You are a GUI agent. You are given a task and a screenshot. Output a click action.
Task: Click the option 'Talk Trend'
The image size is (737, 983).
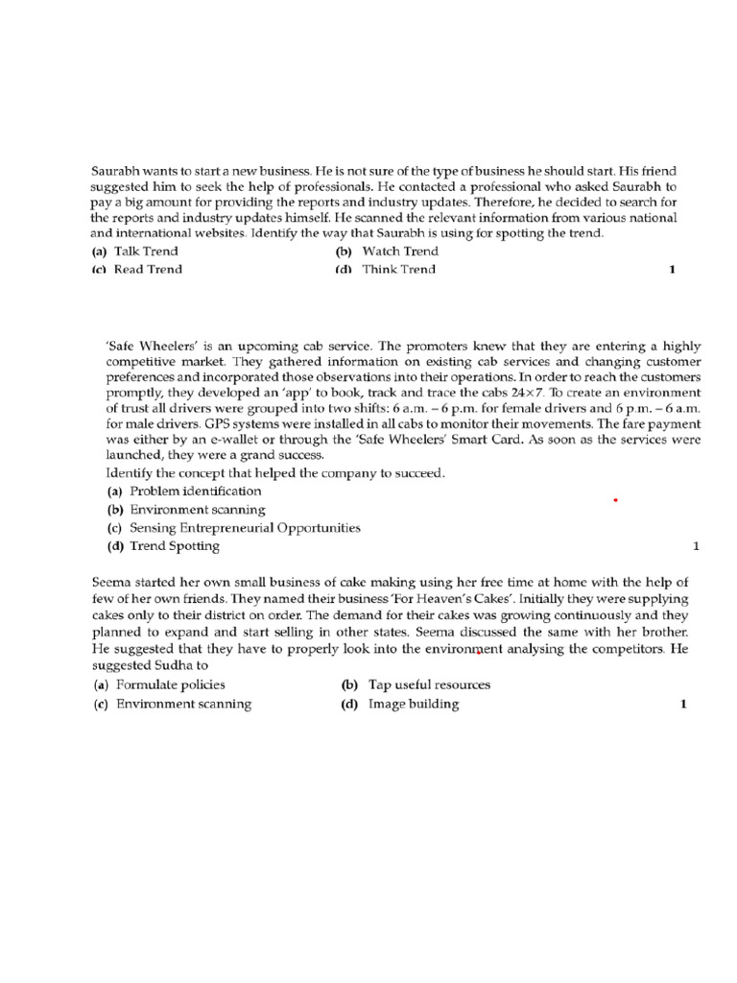[x=145, y=252]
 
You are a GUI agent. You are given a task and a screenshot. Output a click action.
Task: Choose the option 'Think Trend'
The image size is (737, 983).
[x=398, y=270]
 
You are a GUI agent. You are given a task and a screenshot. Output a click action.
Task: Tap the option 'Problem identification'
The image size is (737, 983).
[x=196, y=491]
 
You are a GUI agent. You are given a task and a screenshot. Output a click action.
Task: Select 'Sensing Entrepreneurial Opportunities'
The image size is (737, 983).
[x=245, y=528]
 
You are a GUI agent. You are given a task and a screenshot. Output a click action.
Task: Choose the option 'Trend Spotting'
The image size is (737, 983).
[x=175, y=546]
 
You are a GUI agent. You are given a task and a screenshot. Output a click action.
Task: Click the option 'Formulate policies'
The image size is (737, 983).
[x=171, y=685]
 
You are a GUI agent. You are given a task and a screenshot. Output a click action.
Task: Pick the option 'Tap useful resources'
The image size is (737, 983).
[x=429, y=685]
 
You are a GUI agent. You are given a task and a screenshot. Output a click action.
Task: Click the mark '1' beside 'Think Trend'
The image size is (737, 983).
[x=672, y=270]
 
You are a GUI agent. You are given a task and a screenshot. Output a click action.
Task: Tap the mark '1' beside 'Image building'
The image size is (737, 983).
[x=683, y=704]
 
